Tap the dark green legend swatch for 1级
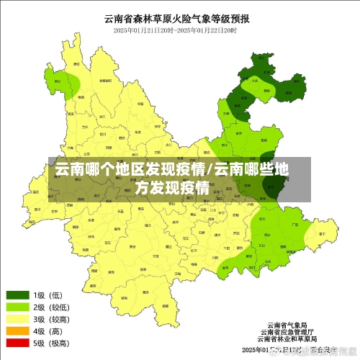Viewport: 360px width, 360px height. point(18,295)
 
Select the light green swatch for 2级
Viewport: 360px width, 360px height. point(18,307)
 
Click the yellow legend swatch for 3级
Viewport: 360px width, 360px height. point(18,320)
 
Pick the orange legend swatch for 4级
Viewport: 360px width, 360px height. point(18,332)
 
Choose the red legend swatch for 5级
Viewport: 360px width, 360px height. point(18,343)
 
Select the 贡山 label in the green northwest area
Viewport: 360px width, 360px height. point(57,81)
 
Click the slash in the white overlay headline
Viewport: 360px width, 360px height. point(210,171)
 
